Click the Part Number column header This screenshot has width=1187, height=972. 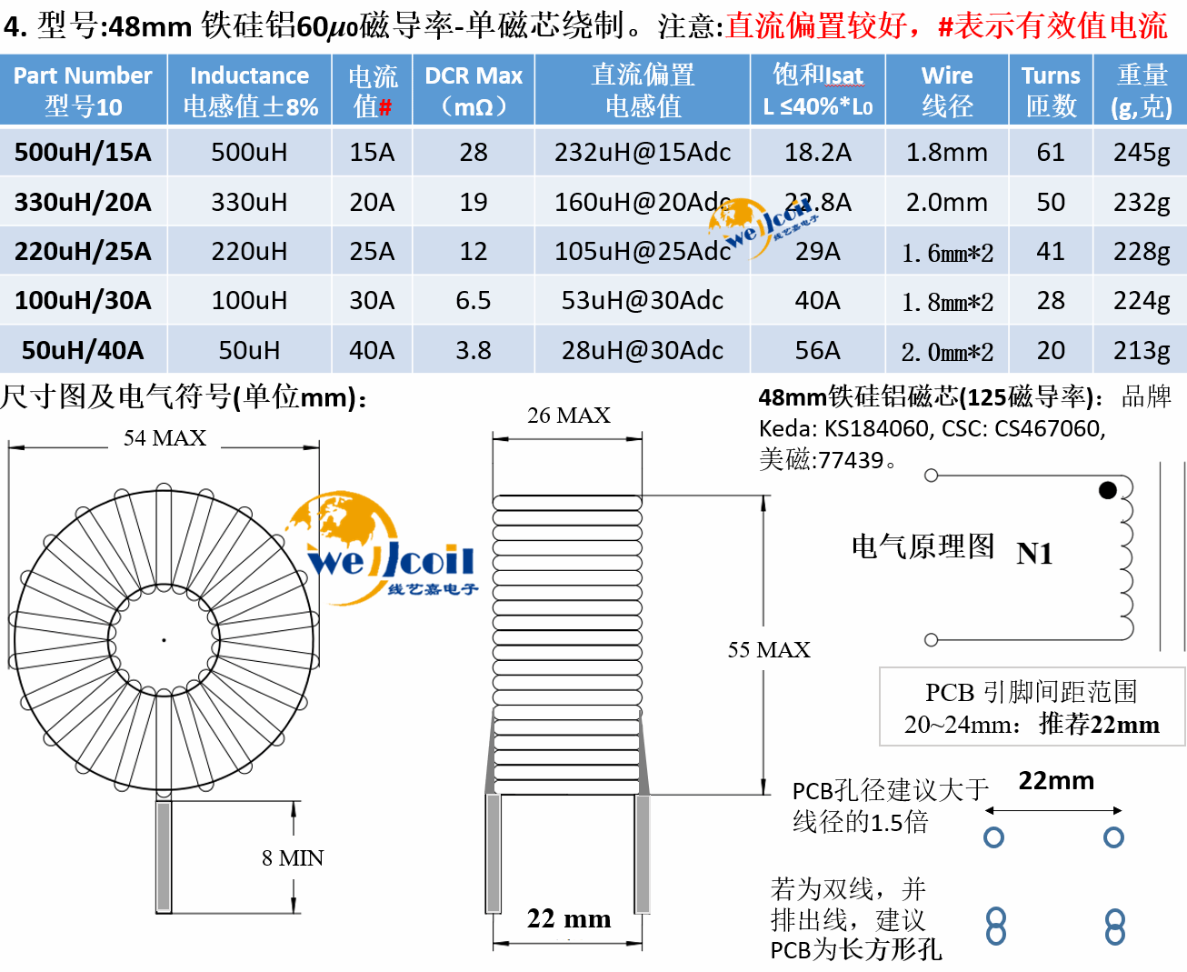83,90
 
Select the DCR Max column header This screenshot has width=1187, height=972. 474,90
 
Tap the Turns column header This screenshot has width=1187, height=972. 1051,90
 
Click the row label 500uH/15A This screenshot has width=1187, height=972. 83,152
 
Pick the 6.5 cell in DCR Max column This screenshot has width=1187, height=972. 474,300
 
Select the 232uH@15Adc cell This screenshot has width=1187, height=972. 643,152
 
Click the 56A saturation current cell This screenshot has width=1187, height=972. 817,350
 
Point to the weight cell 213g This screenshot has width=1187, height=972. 1142,350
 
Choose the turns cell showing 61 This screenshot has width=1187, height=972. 1051,152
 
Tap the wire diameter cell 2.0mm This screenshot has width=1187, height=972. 946,202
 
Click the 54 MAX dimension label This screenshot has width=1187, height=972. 165,438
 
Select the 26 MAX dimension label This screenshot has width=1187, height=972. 569,416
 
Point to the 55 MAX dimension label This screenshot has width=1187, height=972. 769,649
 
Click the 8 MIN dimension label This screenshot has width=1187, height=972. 293,857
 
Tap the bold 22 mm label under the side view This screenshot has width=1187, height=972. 569,918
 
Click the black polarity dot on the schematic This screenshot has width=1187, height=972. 1107,490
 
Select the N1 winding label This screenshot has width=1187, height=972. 1034,553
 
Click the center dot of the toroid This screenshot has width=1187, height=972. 164,640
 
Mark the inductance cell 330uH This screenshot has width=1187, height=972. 249,202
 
